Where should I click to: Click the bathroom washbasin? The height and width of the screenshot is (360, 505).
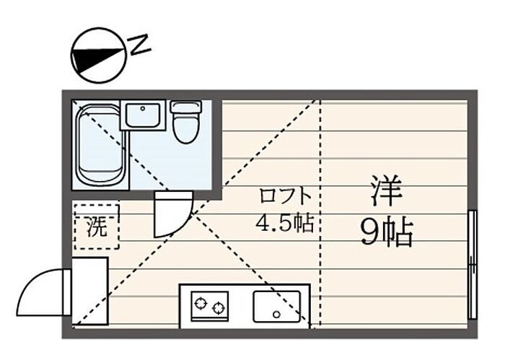(144, 115)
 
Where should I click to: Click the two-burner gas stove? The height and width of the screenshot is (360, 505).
(209, 306)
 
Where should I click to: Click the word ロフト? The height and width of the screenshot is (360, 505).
(286, 196)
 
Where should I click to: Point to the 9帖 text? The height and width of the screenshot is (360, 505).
(387, 232)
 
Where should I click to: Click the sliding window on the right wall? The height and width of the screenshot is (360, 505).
(473, 264)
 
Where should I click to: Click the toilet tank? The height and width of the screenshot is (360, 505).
(186, 107)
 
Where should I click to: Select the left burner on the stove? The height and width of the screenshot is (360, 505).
(201, 304)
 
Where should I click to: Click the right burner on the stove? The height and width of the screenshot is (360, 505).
(218, 309)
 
